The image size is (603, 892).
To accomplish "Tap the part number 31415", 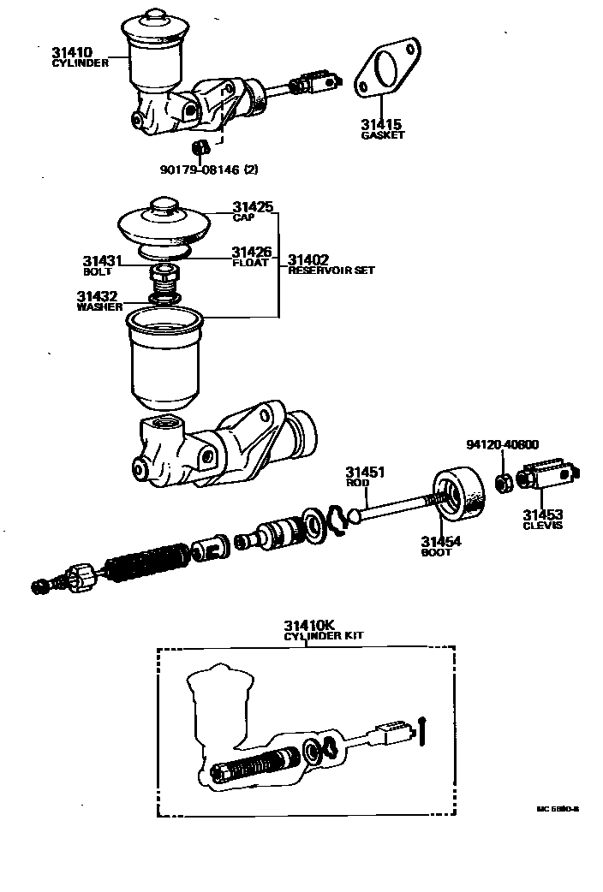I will tap(381, 125).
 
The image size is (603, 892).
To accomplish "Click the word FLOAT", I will tap(251, 263).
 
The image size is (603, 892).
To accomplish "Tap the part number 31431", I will tap(103, 260).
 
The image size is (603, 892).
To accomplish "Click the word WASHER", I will tap(99, 306).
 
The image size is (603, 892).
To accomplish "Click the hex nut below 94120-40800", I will tap(505, 483).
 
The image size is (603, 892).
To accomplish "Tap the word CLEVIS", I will tap(543, 525).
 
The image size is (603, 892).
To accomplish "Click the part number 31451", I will tap(365, 472).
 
